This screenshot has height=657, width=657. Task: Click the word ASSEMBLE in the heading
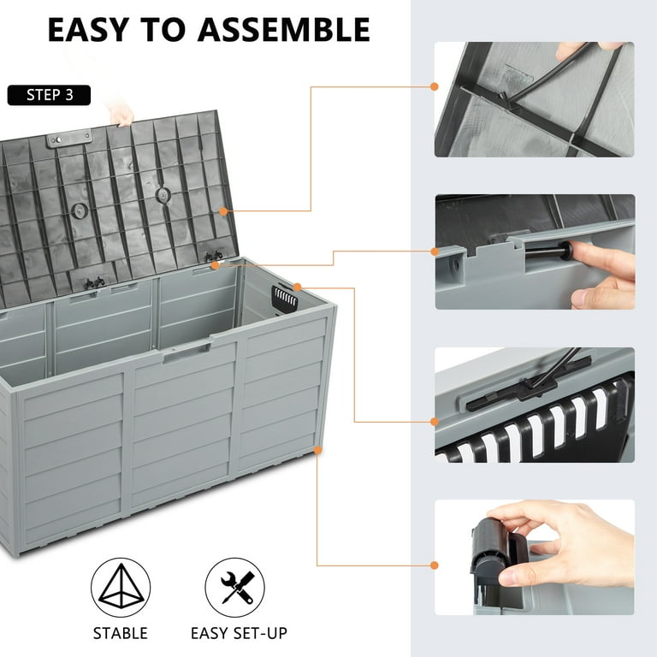pyautogui.click(x=285, y=29)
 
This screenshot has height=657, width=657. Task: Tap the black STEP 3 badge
pyautogui.click(x=49, y=94)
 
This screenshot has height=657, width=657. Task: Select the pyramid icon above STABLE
pyautogui.click(x=121, y=588)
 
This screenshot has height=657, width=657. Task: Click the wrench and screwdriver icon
pyautogui.click(x=235, y=588)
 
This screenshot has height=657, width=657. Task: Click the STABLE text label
pyautogui.click(x=121, y=634)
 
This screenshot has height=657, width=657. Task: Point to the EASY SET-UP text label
pyautogui.click(x=239, y=634)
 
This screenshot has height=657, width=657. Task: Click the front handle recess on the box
pyautogui.click(x=186, y=350)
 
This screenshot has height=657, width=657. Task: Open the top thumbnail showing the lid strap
pyautogui.click(x=535, y=99)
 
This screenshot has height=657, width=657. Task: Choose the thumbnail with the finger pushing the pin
pyautogui.click(x=535, y=252)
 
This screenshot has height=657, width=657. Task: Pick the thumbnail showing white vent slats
pyautogui.click(x=535, y=405)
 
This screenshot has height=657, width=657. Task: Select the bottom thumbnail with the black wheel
pyautogui.click(x=535, y=557)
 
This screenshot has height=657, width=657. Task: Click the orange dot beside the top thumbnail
pyautogui.click(x=435, y=86)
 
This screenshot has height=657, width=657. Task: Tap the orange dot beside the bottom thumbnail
pyautogui.click(x=435, y=565)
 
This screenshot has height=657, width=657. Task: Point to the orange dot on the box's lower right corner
pyautogui.click(x=317, y=448)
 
